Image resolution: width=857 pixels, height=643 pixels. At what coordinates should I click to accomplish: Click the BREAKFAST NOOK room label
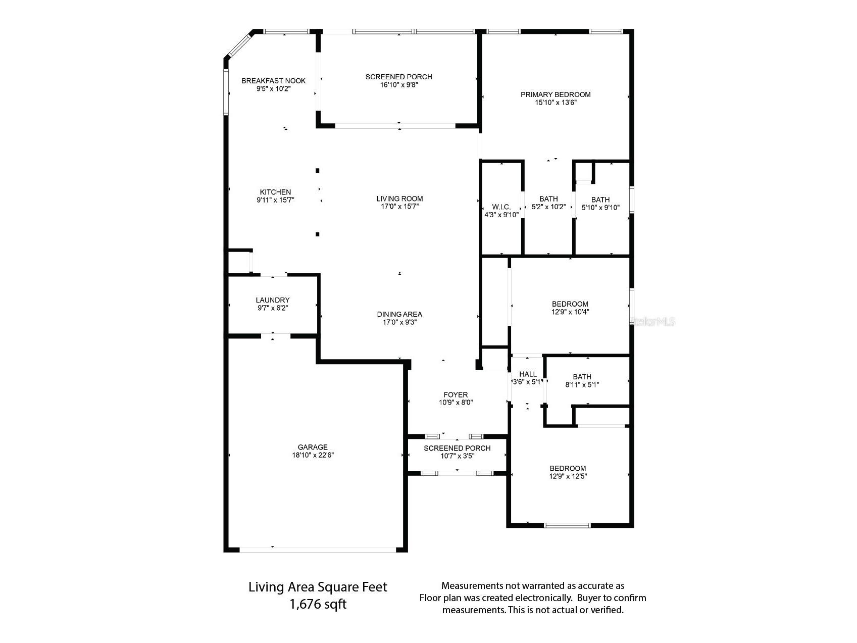pos(273,81)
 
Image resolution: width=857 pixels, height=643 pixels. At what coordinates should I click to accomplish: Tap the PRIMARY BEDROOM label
pos(556,94)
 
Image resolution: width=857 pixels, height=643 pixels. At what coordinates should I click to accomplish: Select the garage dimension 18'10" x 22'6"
pos(313,455)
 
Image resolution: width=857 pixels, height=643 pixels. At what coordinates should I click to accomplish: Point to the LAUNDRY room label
pos(273,300)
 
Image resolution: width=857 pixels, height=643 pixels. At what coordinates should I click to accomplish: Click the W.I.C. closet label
pos(501,207)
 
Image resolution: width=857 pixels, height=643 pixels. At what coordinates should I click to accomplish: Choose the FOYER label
pos(456,394)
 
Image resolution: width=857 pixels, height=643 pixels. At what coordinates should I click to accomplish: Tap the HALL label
pos(528,374)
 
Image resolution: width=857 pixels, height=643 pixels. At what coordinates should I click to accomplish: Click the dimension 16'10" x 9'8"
pos(399,85)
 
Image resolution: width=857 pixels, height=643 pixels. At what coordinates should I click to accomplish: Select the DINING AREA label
pos(399,314)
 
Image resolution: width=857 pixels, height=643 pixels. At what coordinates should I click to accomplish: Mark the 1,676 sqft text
pos(318,604)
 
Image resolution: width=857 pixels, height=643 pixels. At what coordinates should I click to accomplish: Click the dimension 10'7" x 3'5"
pos(457,456)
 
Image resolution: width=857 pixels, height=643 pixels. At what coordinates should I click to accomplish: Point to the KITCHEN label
pos(275,192)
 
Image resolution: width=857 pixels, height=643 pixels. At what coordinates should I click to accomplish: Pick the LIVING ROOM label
pos(399,199)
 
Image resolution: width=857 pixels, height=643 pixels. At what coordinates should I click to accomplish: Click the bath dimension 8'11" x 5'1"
pos(582,385)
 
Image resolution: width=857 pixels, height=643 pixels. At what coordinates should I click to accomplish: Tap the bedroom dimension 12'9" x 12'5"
pos(568,476)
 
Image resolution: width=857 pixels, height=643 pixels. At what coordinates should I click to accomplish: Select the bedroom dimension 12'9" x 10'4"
pos(570,312)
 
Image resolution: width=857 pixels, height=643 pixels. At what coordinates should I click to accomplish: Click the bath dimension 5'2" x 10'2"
pos(548,207)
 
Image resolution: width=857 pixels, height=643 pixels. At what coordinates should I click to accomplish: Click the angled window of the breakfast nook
pos(238,45)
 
